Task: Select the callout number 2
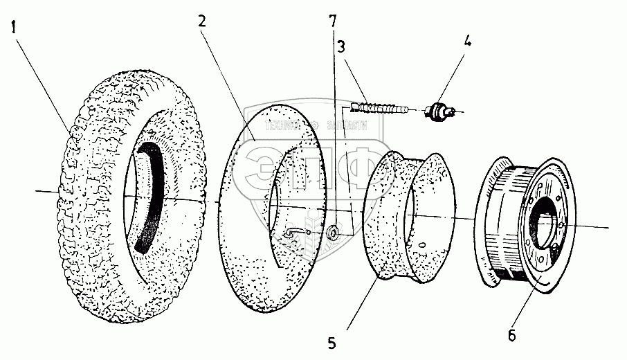tap(202, 21)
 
